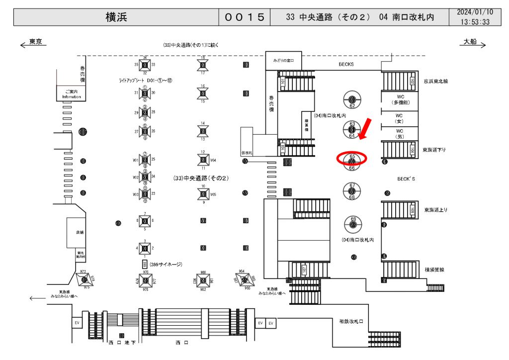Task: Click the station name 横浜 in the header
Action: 116,17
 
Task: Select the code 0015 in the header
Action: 244,17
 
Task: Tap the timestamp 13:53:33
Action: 475,22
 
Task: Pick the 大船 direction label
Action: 470,42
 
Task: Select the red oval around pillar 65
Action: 352,158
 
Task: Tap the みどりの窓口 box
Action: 283,61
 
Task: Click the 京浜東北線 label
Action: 435,81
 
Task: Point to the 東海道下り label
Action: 435,149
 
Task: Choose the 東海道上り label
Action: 435,210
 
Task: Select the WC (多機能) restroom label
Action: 399,98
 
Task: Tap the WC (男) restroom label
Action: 399,133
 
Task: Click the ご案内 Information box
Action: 72,94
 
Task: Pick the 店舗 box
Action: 80,232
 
